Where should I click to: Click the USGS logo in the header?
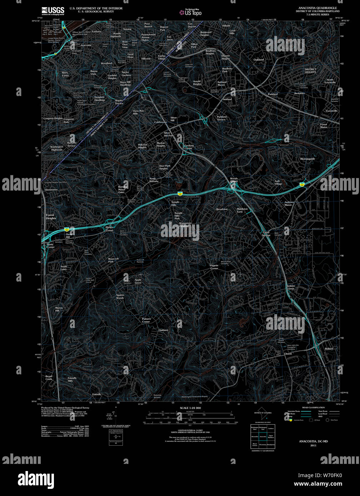pos(53,11)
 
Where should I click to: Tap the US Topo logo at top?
pos(191,13)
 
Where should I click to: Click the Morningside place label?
pos(307,159)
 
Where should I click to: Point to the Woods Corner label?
pos(234,180)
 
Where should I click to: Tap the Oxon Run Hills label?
pos(138,112)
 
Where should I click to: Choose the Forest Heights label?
pos(51,217)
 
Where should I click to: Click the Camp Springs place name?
pos(266,234)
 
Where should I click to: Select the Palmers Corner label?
pos(146,320)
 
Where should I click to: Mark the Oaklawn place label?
pos(163,330)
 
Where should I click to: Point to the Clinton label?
pos(287,354)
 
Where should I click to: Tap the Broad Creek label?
pos(49,378)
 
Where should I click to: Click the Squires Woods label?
pos(120,297)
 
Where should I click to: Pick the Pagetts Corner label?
pos(214,267)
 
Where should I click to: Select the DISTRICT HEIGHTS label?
pos(310,71)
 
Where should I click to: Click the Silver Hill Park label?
pos(169,134)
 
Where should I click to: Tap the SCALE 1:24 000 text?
pos(190,408)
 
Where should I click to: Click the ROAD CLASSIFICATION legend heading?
pos(313,408)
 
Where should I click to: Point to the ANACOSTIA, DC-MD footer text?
pos(313,441)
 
